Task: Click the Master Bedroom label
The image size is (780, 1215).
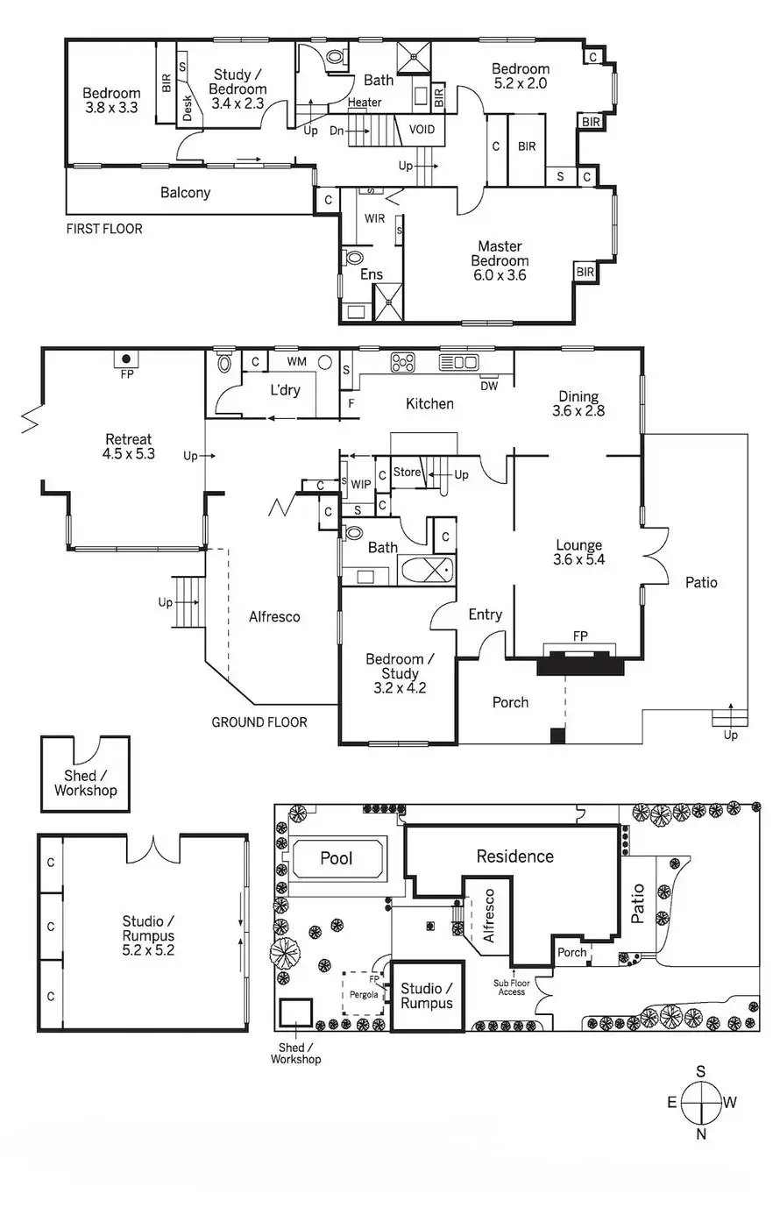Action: [x=500, y=260]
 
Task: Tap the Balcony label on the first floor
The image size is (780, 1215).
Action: [x=185, y=193]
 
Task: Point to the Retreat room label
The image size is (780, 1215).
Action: [x=129, y=446]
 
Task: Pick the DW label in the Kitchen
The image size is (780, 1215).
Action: [x=489, y=385]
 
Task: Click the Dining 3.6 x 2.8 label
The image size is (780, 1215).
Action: [x=578, y=403]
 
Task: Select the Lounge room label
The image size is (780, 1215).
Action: [x=578, y=552]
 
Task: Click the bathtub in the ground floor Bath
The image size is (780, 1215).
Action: [x=427, y=571]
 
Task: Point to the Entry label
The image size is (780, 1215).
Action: [x=485, y=615]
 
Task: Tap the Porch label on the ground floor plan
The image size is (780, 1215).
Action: [x=510, y=701]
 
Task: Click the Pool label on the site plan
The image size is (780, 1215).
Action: [x=336, y=857]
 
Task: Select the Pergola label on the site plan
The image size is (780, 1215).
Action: [x=364, y=995]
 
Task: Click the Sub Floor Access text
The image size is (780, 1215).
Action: [x=512, y=987]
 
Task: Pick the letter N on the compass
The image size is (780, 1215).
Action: [x=700, y=1134]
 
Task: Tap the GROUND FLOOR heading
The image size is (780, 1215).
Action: [x=259, y=722]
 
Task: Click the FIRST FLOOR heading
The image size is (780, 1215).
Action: [x=104, y=229]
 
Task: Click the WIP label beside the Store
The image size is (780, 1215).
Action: [x=360, y=484]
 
